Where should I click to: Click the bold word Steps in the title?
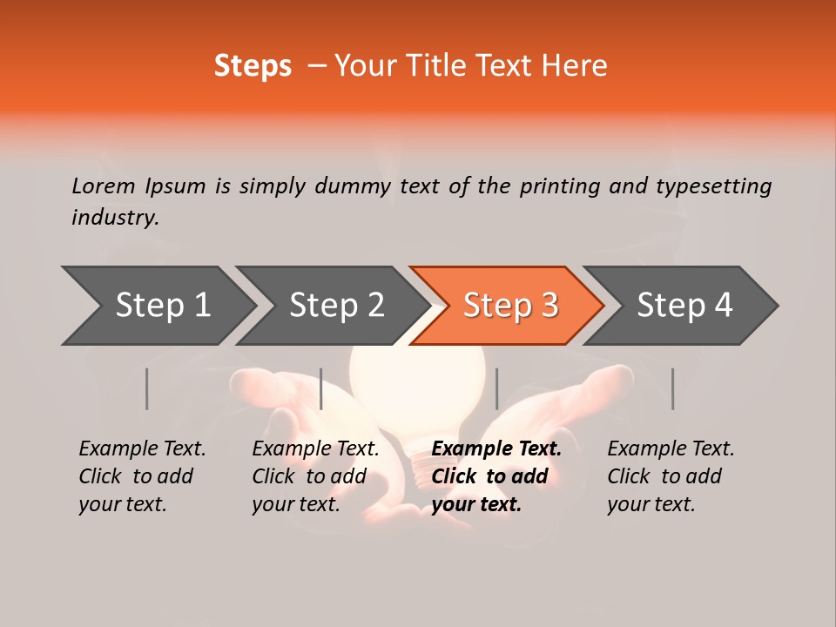253,66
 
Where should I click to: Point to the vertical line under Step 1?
147,388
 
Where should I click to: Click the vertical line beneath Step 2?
321,388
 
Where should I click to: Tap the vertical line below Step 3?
496,388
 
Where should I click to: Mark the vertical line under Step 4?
672,388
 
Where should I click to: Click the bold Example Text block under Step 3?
496,476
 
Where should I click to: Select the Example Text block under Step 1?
142,476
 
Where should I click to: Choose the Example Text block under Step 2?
315,476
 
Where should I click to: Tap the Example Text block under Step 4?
671,476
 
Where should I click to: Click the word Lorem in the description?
104,185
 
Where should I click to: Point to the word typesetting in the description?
713,185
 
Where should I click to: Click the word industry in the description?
115,218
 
